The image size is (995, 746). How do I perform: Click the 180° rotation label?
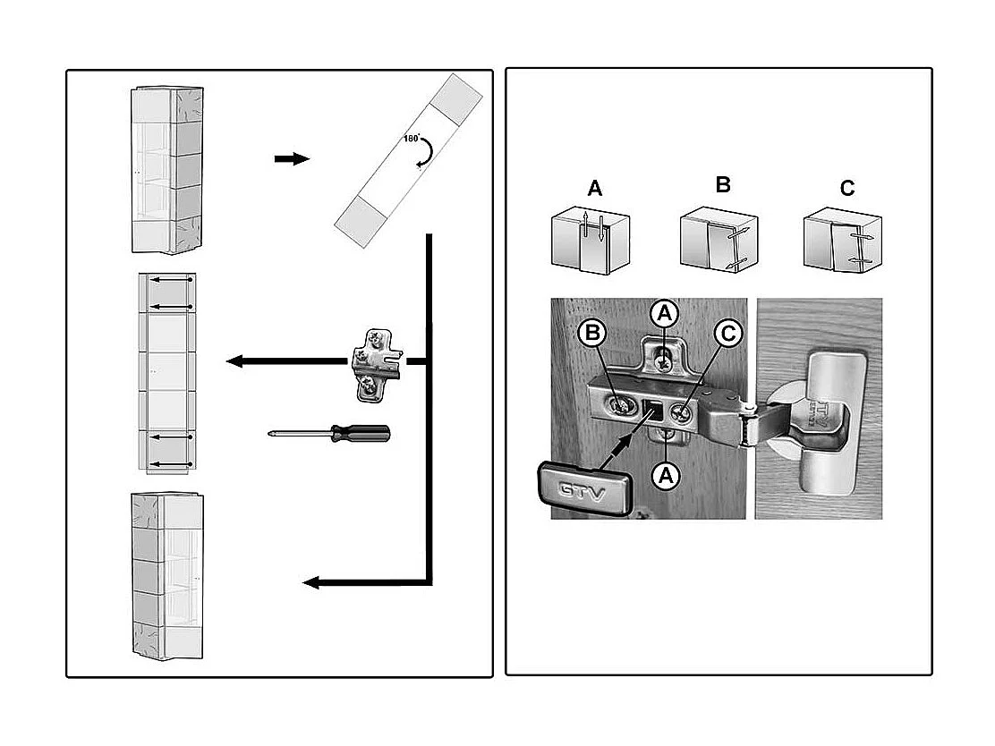click(x=412, y=140)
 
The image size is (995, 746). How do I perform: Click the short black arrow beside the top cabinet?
click(x=291, y=159)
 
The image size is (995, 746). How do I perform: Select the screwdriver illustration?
click(x=330, y=434)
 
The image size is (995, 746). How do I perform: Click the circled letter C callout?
click(x=728, y=334)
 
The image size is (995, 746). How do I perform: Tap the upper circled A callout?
click(x=663, y=312)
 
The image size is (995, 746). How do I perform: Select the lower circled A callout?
click(x=663, y=475)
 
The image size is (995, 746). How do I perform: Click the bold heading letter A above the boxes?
click(x=595, y=189)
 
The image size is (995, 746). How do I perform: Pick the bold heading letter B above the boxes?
click(x=723, y=185)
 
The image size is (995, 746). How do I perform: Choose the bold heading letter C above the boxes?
click(x=847, y=189)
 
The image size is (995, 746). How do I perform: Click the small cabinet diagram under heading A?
click(x=591, y=239)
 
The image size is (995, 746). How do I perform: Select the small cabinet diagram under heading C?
click(x=843, y=240)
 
